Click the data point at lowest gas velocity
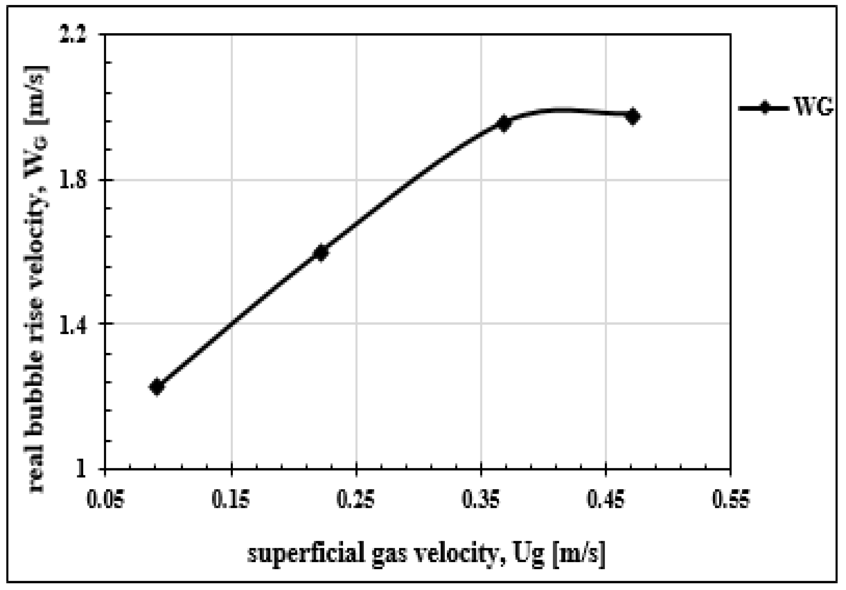tap(157, 387)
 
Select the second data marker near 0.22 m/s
tap(321, 252)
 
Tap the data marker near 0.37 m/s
tap(504, 123)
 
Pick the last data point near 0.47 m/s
tap(633, 117)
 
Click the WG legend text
tap(813, 108)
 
